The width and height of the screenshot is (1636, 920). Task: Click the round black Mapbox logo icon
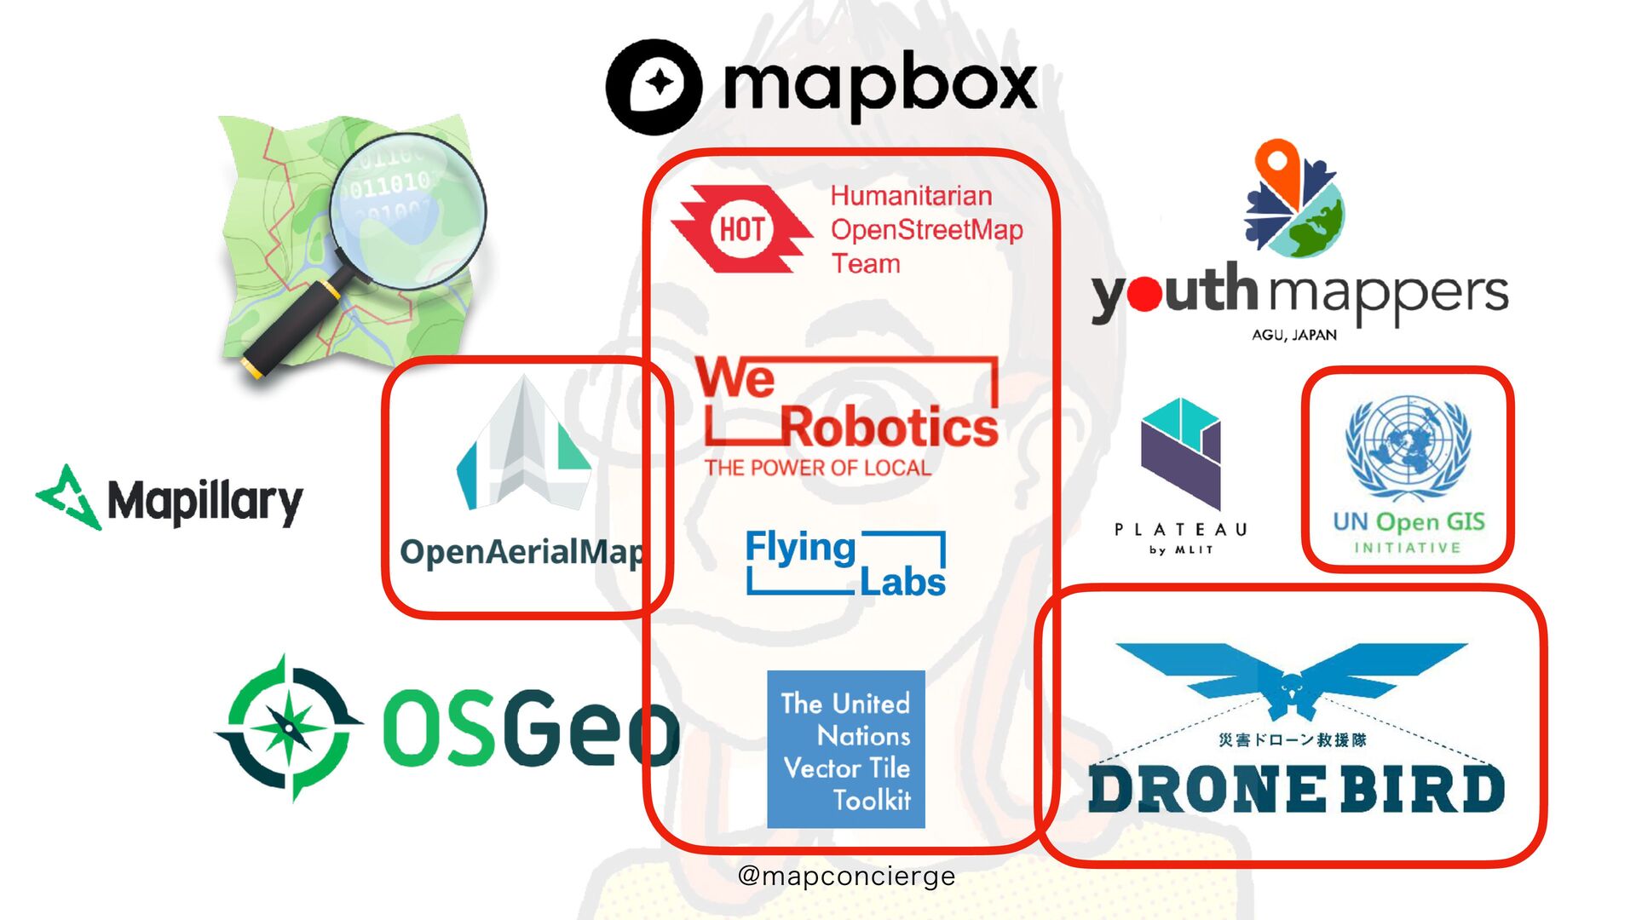pos(654,86)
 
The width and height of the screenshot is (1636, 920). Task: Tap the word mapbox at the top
pos(879,85)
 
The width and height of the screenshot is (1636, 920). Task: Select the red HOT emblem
pos(740,229)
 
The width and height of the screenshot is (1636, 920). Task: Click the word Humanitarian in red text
pos(911,196)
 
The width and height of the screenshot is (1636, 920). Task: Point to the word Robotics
pos(889,428)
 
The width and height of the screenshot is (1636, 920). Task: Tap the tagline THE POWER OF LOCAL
pos(817,468)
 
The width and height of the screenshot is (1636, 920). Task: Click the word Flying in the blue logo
pos(800,549)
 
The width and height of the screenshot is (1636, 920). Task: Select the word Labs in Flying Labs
pos(902,583)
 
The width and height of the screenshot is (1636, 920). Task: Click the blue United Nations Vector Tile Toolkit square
pos(846,749)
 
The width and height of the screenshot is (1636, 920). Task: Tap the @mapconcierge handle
pos(846,876)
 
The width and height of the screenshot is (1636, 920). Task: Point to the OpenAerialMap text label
pos(521,552)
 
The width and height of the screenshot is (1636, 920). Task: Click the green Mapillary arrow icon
pos(68,497)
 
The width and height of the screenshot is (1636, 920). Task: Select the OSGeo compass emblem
pos(288,728)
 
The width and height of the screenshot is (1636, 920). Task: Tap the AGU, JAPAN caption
pos(1293,335)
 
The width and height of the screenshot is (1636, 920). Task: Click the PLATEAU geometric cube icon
pos(1180,452)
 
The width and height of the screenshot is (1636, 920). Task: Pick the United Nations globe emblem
pos(1408,447)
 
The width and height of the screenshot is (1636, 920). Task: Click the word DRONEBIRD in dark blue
pos(1295,789)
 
